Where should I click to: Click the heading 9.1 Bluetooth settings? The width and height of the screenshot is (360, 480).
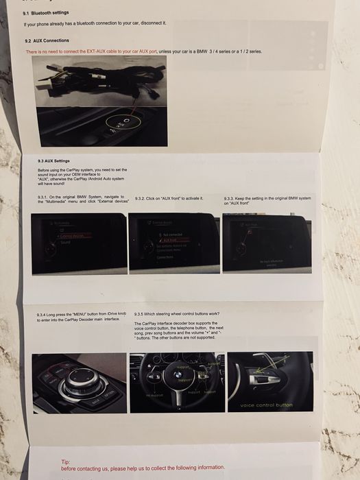point(45,12)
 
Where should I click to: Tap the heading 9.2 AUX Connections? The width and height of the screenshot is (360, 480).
point(46,40)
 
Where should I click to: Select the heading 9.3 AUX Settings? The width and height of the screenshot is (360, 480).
point(54,161)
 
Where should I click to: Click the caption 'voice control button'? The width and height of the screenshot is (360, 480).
point(266,405)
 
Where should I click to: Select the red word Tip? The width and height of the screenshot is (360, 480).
point(65,462)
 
